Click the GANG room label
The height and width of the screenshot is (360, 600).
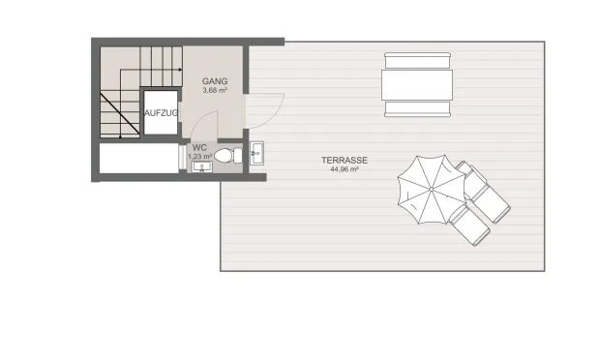coord(215,81)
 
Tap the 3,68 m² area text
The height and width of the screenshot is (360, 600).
coord(215,91)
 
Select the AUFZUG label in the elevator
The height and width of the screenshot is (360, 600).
coord(161,113)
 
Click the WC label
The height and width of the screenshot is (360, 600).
coord(199,148)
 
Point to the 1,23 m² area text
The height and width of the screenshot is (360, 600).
coord(199,157)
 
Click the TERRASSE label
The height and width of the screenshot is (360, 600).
coord(345,161)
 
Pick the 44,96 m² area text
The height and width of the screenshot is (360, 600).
coord(345,169)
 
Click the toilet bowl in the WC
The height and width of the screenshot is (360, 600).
coord(224,156)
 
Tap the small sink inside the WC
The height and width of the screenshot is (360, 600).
coord(201,166)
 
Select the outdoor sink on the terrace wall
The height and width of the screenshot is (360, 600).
coord(256,154)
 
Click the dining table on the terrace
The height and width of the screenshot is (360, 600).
coord(417,85)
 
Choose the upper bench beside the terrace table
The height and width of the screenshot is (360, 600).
coord(417,60)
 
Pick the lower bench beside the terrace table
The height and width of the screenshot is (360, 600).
coord(417,109)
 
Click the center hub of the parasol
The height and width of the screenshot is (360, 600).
coord(432,190)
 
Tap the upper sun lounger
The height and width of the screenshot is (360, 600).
coord(484,193)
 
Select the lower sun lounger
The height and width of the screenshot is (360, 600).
coord(469,225)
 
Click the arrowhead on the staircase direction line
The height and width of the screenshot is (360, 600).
coord(180,70)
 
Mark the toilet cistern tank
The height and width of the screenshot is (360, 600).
coord(238,156)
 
